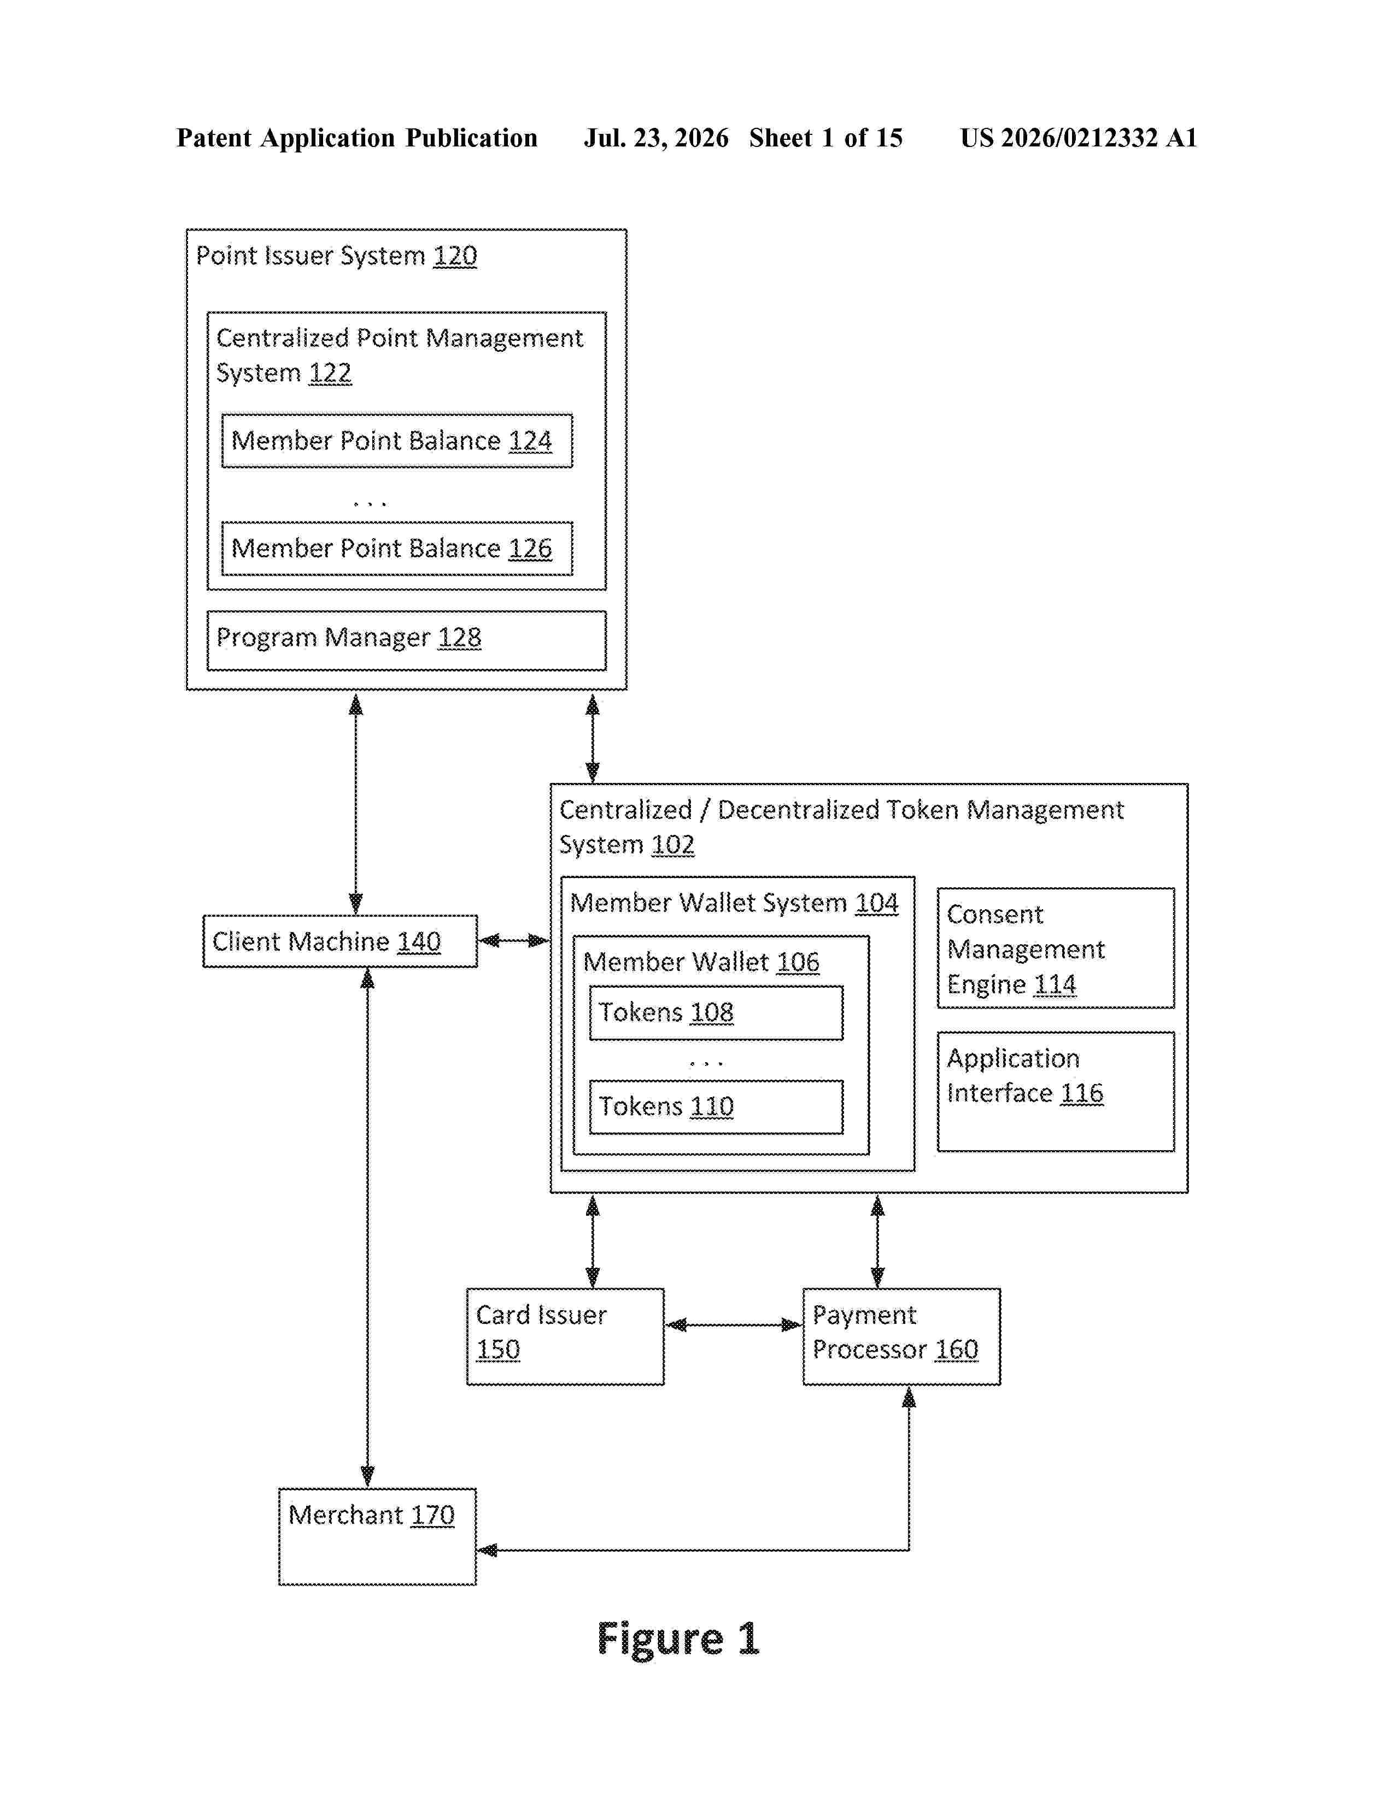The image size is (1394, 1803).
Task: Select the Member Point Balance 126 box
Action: (396, 548)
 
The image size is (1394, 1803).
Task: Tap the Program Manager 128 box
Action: (406, 641)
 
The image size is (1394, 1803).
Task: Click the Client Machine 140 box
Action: (340, 941)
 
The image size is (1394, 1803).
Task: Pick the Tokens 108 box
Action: (716, 1013)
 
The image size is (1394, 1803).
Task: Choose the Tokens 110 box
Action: (716, 1107)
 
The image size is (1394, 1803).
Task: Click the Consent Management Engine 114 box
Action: (1056, 948)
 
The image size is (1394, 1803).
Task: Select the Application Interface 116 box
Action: (1056, 1092)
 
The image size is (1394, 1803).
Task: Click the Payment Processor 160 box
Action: (902, 1336)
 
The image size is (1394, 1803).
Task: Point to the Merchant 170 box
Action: (377, 1536)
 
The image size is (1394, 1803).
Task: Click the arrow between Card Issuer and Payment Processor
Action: (733, 1325)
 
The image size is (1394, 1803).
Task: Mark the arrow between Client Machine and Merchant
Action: (367, 1228)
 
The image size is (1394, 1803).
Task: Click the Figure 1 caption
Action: (677, 1639)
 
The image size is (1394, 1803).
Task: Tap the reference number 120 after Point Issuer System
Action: (455, 256)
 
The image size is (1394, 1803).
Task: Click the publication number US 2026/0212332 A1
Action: (1079, 138)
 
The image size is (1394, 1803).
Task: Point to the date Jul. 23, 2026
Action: (657, 138)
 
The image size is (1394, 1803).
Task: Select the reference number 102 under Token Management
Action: (672, 845)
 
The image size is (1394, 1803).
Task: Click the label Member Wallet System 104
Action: (733, 903)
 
